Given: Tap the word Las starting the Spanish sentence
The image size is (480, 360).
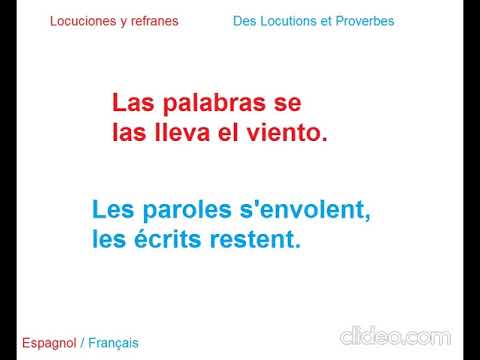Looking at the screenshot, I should (x=130, y=103).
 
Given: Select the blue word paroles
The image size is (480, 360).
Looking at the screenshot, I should (x=182, y=211).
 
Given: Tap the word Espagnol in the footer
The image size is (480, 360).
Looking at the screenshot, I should (x=47, y=343).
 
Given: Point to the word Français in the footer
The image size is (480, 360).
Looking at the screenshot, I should (x=113, y=343).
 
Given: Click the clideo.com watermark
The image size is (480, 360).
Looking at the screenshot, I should (x=395, y=336).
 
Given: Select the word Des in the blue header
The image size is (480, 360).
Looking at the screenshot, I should (x=244, y=21).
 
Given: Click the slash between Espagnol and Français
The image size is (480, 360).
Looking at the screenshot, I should (x=82, y=343).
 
